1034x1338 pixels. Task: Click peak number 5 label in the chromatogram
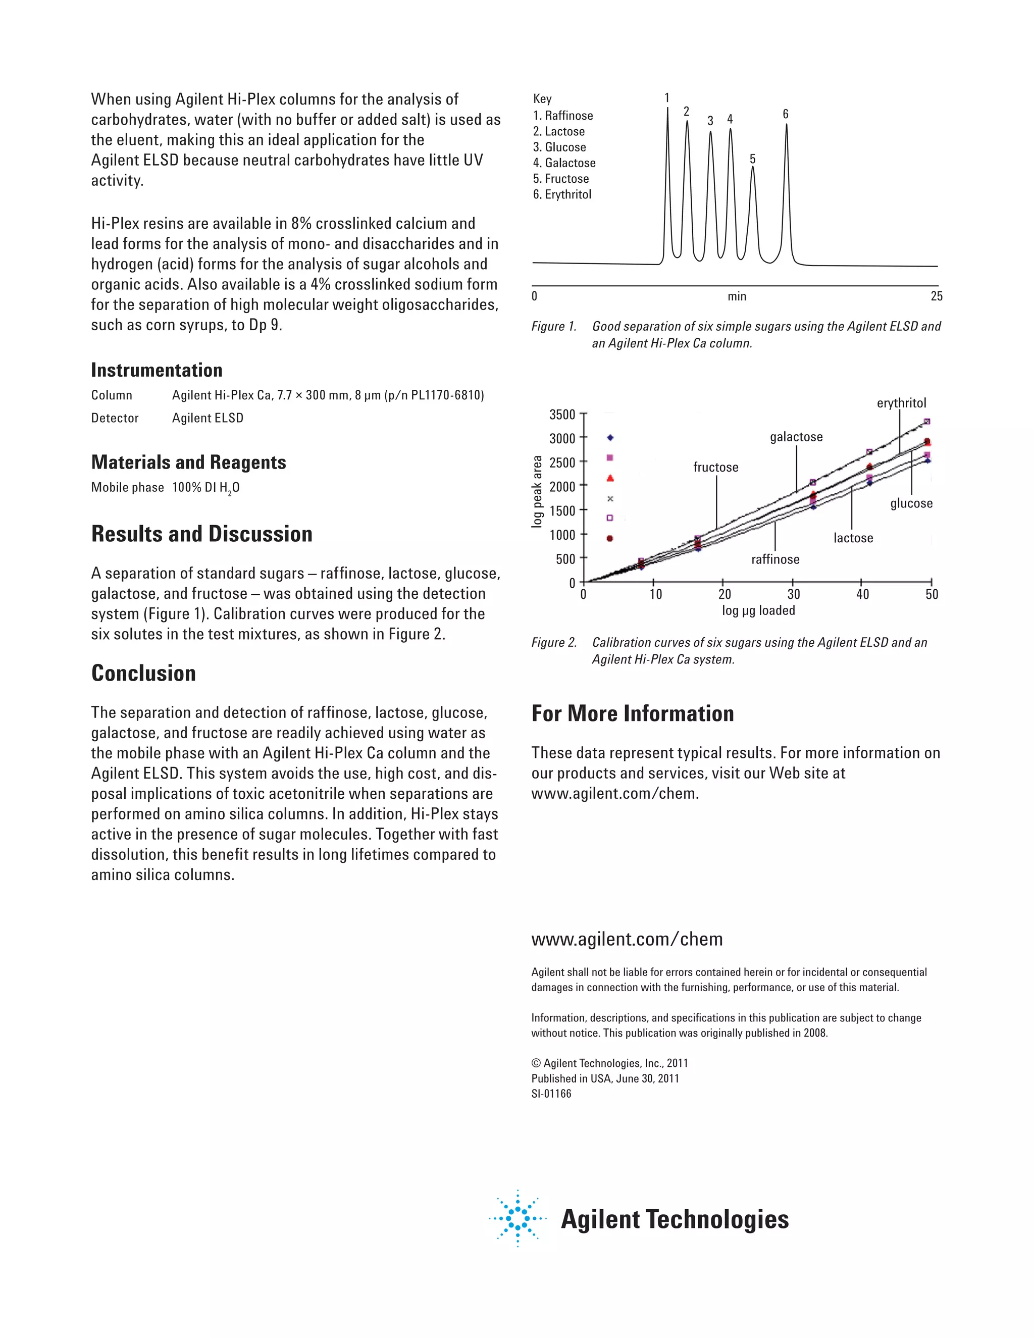pyautogui.click(x=752, y=159)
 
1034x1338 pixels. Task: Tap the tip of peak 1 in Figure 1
pyautogui.click(x=667, y=109)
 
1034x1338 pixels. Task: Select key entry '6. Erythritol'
pyautogui.click(x=562, y=194)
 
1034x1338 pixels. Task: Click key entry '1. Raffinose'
pyautogui.click(x=563, y=116)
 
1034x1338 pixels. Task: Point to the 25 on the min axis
pyautogui.click(x=936, y=296)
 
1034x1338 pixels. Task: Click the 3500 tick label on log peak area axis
pyautogui.click(x=562, y=415)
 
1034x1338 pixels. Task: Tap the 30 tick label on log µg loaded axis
pyautogui.click(x=793, y=594)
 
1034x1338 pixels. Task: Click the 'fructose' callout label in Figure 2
pyautogui.click(x=715, y=468)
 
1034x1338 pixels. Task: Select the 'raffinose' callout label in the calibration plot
pyautogui.click(x=775, y=559)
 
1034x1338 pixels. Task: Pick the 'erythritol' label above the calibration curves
pyautogui.click(x=901, y=403)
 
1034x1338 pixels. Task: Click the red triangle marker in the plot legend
pyautogui.click(x=609, y=478)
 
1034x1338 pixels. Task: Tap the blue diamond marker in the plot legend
pyautogui.click(x=609, y=437)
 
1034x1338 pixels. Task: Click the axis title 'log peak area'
pyautogui.click(x=537, y=491)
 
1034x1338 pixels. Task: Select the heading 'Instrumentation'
pyautogui.click(x=157, y=370)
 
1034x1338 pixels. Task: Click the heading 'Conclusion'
pyautogui.click(x=143, y=673)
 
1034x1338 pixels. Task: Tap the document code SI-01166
pyautogui.click(x=551, y=1094)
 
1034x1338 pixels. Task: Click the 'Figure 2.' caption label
pyautogui.click(x=554, y=643)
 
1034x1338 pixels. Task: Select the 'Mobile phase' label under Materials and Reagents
pyautogui.click(x=127, y=488)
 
